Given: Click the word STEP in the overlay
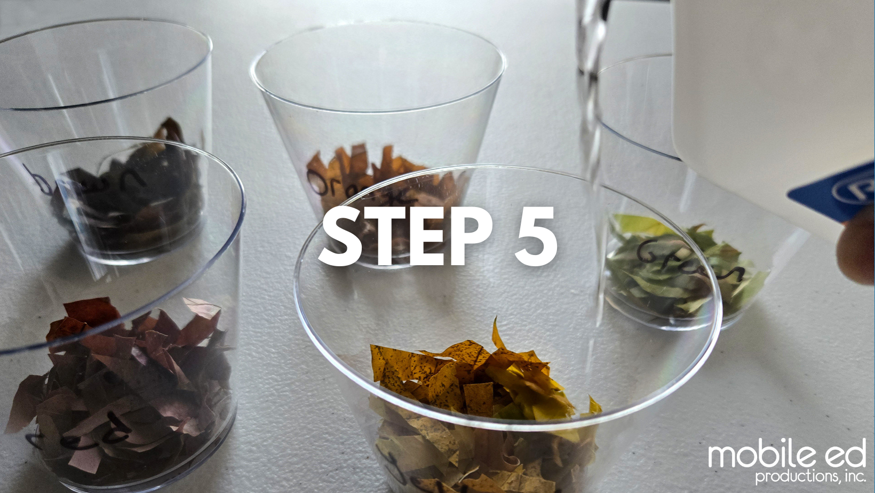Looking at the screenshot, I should (x=405, y=236).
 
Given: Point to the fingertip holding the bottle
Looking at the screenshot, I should (x=856, y=251).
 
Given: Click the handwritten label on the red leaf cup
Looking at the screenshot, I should (x=80, y=435).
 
